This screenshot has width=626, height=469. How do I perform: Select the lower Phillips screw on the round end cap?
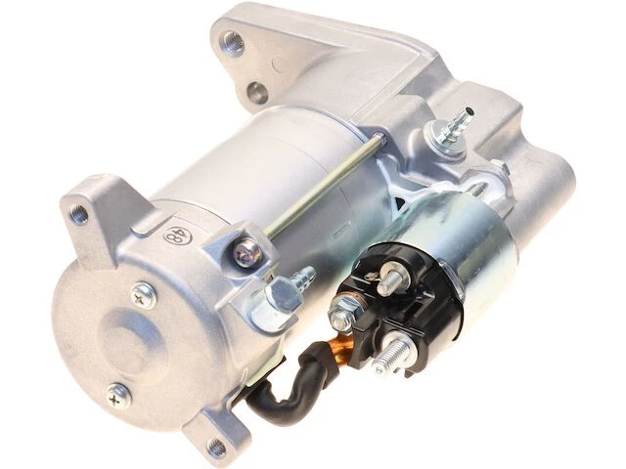click(119, 394)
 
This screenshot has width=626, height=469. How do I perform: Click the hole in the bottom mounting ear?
click(216, 450)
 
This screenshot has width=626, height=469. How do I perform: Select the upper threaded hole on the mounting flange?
click(233, 42)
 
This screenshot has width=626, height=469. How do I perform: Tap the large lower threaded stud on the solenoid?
click(398, 348)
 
